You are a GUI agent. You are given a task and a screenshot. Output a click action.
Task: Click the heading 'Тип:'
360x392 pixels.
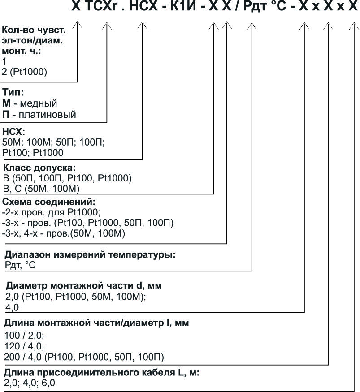pos(13,93)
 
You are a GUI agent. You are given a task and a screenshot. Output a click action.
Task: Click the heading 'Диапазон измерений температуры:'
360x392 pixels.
pos(90,255)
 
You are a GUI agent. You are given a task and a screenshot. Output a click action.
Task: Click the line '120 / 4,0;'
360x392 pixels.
pos(23,346)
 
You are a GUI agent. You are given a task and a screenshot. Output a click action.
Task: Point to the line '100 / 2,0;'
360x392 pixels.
pos(23,336)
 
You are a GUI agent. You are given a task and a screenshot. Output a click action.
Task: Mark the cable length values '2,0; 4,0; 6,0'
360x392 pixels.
pos(30,383)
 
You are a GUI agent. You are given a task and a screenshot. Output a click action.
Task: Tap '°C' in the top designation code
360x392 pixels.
pos(280,8)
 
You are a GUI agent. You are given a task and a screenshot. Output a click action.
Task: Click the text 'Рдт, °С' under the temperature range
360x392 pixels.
pos(20,266)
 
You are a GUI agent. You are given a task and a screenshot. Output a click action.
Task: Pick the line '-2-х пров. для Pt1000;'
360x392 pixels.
pos(52,212)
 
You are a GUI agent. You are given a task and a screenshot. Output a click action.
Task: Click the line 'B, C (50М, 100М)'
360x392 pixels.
pos(41,188)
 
